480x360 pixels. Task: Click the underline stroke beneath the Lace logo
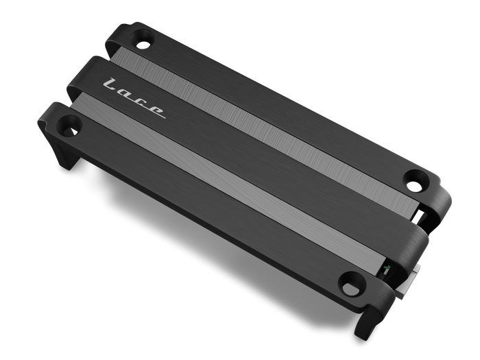click(x=135, y=103)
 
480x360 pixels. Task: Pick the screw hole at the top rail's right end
click(x=416, y=181)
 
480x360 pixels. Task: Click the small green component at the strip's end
click(x=385, y=269)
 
